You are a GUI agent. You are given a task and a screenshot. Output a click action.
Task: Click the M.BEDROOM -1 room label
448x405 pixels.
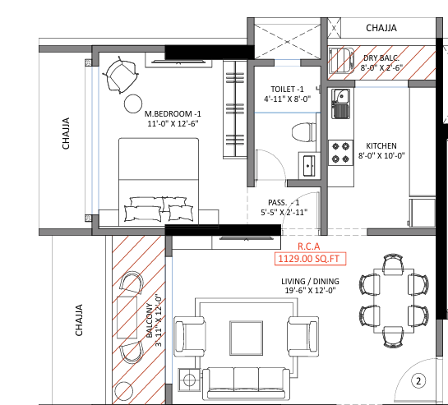point(173,114)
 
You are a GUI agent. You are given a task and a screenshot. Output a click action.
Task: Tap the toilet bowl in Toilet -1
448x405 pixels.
point(303,132)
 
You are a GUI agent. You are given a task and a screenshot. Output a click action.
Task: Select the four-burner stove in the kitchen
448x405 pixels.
point(340,153)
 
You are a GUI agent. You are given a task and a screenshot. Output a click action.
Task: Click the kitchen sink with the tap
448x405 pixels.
point(340,104)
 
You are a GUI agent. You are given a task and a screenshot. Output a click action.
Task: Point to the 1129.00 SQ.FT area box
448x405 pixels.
point(310,259)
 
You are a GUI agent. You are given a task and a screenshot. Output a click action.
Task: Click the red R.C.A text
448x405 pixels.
point(308,246)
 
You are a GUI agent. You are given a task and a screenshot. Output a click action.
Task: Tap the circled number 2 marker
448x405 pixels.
point(418,380)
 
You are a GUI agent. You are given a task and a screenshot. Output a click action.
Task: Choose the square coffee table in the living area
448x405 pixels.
point(246,338)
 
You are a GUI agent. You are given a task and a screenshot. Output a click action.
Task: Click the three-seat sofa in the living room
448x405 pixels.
point(246,384)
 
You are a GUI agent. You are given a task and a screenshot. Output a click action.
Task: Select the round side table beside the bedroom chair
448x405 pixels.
point(133,104)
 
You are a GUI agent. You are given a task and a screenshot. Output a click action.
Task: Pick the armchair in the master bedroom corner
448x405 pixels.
point(121,75)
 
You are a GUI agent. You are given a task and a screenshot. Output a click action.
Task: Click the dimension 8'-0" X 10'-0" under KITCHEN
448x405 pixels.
point(381,155)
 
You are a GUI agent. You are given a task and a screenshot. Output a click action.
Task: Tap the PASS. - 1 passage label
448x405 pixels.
point(284,202)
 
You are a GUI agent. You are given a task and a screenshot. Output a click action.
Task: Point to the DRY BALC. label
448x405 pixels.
point(381,58)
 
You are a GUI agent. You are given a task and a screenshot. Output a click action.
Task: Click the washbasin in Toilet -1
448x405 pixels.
point(308,166)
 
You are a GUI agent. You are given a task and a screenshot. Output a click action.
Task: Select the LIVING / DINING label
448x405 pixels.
point(310,281)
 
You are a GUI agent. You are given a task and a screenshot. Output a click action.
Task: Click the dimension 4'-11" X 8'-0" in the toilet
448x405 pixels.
point(287,99)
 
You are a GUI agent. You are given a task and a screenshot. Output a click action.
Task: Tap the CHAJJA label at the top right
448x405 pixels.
point(381,28)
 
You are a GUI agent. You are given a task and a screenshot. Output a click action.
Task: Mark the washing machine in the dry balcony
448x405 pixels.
point(341,61)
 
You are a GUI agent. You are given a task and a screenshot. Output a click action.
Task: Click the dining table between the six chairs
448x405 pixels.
point(394,301)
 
